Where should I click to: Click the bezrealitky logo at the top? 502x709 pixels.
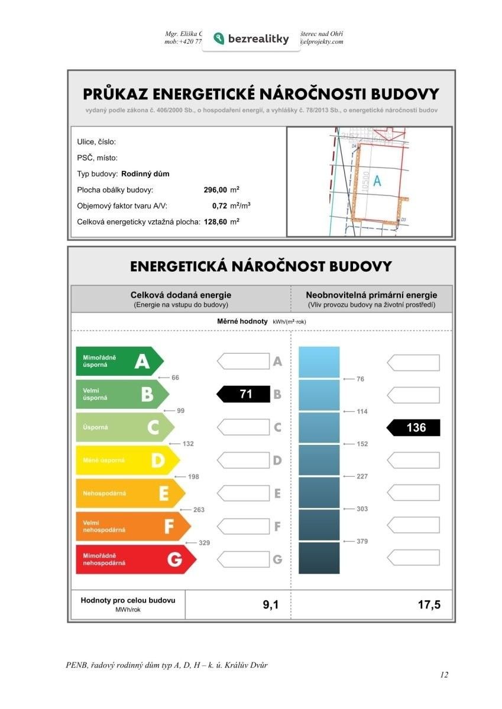click(251, 39)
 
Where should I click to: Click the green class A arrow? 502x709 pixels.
click(118, 361)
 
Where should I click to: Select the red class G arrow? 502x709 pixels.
click(135, 559)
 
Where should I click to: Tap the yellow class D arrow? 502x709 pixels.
click(127, 460)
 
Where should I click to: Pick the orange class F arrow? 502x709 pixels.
click(132, 526)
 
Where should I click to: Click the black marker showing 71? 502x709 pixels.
click(243, 394)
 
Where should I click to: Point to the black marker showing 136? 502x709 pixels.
click(413, 427)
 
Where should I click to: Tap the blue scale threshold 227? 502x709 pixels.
click(362, 476)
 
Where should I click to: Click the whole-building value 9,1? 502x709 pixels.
click(271, 605)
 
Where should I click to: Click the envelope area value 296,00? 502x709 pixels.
click(215, 190)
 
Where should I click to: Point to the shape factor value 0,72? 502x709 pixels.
click(219, 206)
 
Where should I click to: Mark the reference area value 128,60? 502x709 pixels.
click(215, 222)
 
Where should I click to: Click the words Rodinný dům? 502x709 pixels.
click(145, 174)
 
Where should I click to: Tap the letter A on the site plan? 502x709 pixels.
click(377, 182)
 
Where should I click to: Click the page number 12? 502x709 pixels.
click(444, 675)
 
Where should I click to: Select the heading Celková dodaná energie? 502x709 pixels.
click(181, 295)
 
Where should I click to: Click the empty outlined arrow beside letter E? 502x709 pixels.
click(243, 493)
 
